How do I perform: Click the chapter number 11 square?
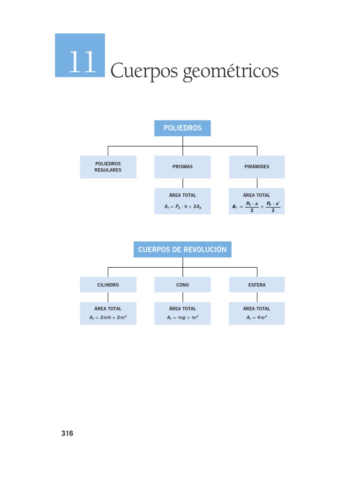(x=80, y=55)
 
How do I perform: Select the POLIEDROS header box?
(x=182, y=128)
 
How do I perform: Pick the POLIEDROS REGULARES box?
(x=108, y=167)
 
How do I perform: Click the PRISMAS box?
(x=182, y=167)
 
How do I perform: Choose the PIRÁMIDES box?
(x=256, y=167)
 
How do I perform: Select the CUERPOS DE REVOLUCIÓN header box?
(x=182, y=249)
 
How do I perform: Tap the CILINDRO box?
(x=108, y=285)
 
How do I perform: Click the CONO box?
(x=182, y=285)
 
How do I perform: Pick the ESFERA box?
(x=256, y=285)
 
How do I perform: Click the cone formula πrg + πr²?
(x=182, y=318)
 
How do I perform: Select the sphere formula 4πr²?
(x=256, y=318)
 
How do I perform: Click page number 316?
(x=67, y=434)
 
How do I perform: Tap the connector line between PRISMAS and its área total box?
(x=182, y=183)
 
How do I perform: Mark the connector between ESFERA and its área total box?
(x=256, y=297)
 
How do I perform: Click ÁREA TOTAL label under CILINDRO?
(x=108, y=308)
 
